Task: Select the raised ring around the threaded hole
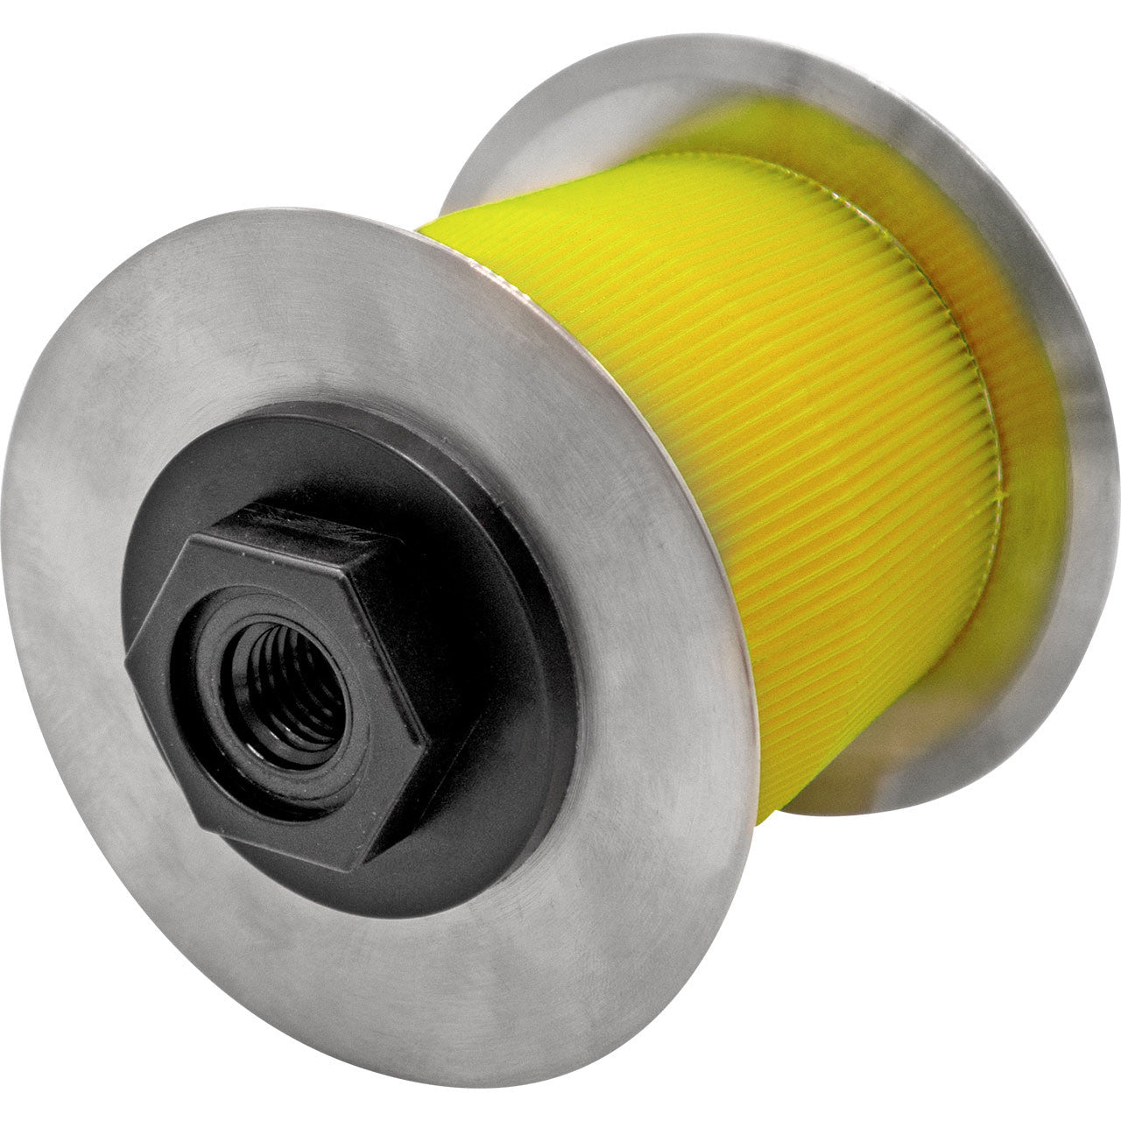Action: point(333,701)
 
